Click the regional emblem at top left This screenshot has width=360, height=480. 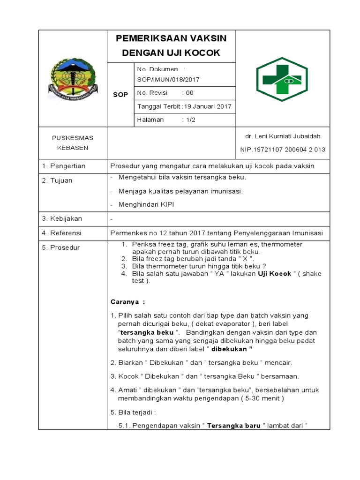[x=74, y=78]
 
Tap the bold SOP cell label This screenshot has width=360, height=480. [x=120, y=95]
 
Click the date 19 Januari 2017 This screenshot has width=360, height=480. [x=207, y=106]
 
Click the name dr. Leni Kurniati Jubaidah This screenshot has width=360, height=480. [x=283, y=136]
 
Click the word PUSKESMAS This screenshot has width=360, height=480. [x=73, y=138]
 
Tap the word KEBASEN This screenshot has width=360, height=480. [x=73, y=148]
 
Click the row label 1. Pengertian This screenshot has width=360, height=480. [x=64, y=166]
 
